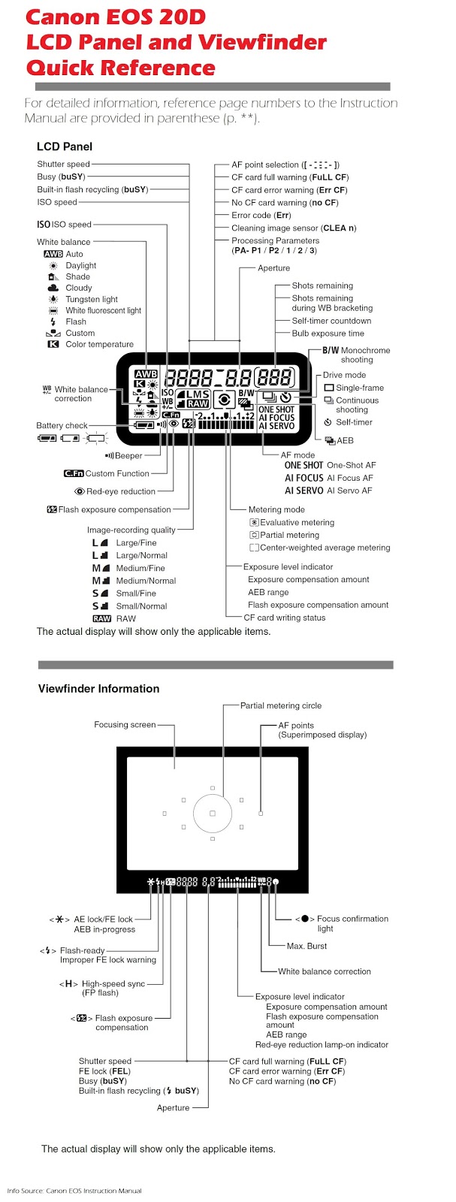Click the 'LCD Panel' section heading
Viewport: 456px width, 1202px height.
65,146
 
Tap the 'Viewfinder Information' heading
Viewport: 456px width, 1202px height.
98,688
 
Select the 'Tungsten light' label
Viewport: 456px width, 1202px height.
92,299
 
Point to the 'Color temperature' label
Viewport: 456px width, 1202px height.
99,344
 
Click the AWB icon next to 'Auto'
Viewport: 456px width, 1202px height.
53,254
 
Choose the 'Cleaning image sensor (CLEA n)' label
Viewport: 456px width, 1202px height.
294,228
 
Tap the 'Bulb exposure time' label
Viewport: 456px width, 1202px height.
328,333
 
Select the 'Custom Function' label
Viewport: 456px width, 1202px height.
117,473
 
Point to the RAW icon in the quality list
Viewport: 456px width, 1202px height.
101,618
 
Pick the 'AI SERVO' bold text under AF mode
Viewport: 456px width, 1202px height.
303,491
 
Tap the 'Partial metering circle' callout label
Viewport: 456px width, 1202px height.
280,705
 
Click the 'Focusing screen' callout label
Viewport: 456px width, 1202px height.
125,725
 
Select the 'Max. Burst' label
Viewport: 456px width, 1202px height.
307,946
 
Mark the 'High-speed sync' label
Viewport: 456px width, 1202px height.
113,983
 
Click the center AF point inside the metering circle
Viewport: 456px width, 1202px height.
213,814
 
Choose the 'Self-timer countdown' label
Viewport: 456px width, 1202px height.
331,321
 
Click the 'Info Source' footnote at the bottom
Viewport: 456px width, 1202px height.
74,1190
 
